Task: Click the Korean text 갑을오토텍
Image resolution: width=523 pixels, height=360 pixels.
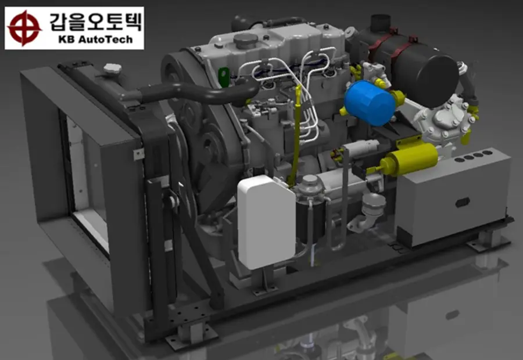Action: click(x=96, y=22)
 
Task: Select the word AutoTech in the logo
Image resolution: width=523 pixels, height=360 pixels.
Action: click(x=105, y=39)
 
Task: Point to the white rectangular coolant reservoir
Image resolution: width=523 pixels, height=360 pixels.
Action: click(x=266, y=222)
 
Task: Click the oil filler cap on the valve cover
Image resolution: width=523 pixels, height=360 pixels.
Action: click(x=246, y=41)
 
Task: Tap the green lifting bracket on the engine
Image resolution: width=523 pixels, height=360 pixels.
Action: click(x=224, y=76)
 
